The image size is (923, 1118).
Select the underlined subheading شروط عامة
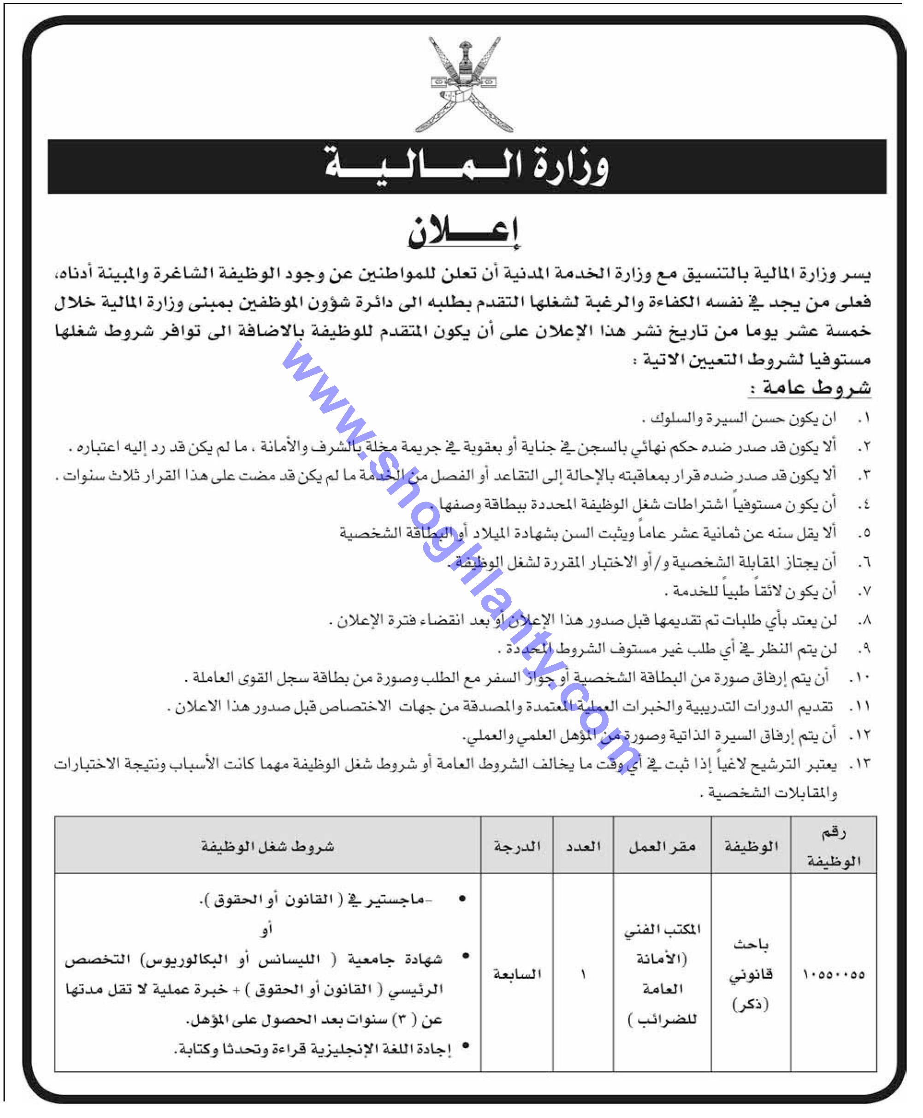811,388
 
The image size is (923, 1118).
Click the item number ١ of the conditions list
864,419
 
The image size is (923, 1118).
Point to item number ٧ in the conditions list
864,591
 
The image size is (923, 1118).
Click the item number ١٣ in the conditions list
860,764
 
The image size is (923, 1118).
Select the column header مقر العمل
662,847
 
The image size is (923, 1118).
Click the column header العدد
583,847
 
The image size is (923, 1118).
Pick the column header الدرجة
517,847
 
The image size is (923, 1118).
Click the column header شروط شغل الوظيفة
267,847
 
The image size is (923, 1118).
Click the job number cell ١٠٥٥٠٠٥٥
834,975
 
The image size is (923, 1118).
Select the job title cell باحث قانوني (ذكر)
750,975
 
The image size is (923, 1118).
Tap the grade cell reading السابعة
517,975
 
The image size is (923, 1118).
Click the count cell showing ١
583,975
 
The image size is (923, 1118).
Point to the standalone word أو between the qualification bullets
267,929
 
